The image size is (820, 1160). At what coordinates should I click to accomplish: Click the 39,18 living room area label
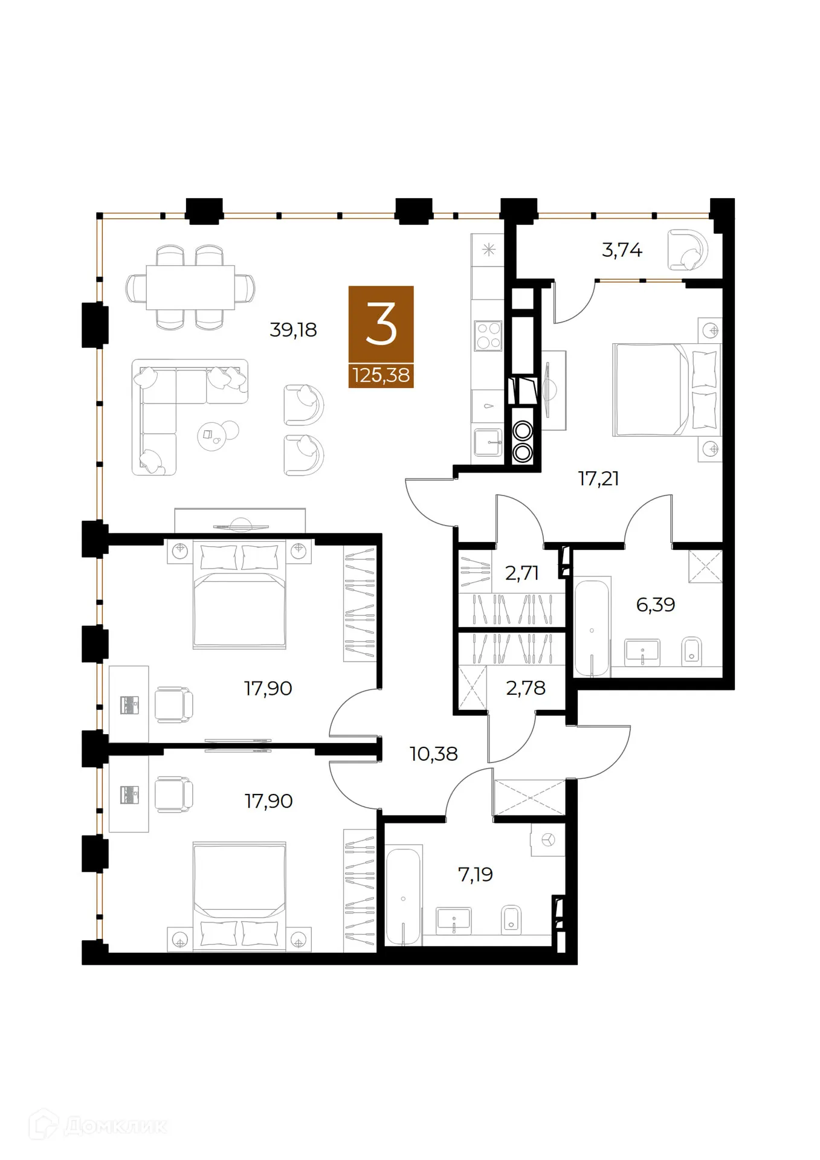point(293,330)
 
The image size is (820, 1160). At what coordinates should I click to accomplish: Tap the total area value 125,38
point(381,375)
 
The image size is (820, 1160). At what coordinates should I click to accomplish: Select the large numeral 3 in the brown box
point(381,324)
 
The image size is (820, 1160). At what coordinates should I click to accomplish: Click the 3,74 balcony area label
point(622,250)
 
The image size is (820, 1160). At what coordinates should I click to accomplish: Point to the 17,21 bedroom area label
point(598,478)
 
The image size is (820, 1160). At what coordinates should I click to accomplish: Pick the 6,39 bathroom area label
point(656,604)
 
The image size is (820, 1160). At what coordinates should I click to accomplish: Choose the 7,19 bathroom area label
point(476,874)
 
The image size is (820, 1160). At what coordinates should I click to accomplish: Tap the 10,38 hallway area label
point(433,753)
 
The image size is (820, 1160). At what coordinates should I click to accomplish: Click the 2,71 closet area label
point(521,573)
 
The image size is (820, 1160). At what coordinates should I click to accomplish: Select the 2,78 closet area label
point(526,688)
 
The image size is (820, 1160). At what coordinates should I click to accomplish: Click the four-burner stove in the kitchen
point(488,335)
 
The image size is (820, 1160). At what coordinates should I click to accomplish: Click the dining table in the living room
point(190,287)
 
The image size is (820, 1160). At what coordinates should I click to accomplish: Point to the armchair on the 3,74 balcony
point(688,250)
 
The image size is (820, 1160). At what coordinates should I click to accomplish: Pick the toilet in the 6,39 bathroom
point(692,651)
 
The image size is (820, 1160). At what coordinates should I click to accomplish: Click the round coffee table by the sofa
point(212,436)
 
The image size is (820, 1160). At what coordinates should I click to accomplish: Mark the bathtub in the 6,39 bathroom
point(592,628)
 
